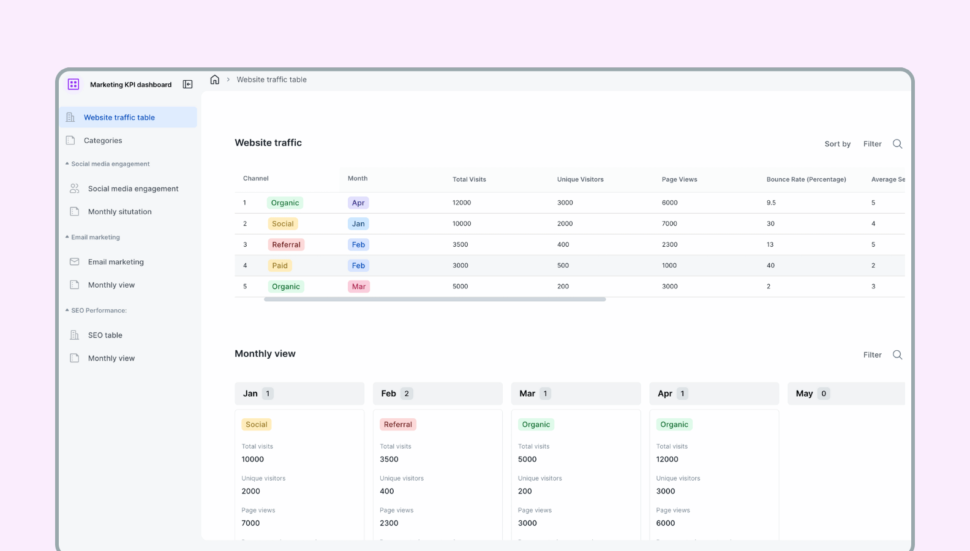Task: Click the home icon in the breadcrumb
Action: tap(214, 80)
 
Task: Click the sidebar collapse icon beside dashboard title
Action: tap(188, 84)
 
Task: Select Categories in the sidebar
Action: tap(103, 141)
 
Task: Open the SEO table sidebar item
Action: tap(105, 335)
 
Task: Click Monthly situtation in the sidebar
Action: tap(119, 212)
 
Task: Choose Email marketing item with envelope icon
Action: tap(116, 262)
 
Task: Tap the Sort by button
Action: tap(837, 144)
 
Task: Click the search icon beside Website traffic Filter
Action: tap(897, 144)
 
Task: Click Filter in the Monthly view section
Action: tap(872, 355)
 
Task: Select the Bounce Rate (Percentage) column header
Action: tap(806, 179)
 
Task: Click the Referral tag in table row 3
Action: tap(286, 245)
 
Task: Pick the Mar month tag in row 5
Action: tap(359, 287)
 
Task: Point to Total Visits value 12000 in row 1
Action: tap(462, 203)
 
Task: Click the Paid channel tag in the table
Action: tap(280, 266)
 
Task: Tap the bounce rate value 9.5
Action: tap(771, 203)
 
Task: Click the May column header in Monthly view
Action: tap(804, 394)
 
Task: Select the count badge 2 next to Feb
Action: tap(407, 394)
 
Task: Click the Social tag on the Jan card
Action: tap(256, 425)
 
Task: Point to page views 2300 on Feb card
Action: tap(389, 523)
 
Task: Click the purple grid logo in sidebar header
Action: tap(73, 84)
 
